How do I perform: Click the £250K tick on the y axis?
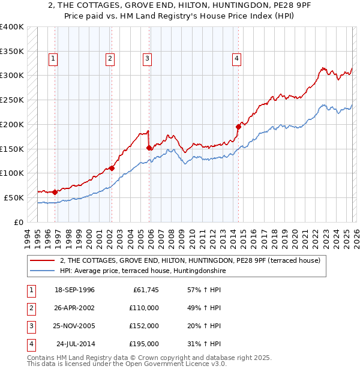12,100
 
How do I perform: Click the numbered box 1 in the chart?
53,58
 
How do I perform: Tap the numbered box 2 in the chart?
110,58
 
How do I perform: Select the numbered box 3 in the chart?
146,58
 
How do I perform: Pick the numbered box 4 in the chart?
237,58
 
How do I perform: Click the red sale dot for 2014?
238,127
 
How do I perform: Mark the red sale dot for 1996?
55,192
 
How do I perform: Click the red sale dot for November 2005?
149,147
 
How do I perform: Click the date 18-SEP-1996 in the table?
74,290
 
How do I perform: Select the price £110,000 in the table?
144,308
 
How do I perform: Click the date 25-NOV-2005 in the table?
74,326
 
